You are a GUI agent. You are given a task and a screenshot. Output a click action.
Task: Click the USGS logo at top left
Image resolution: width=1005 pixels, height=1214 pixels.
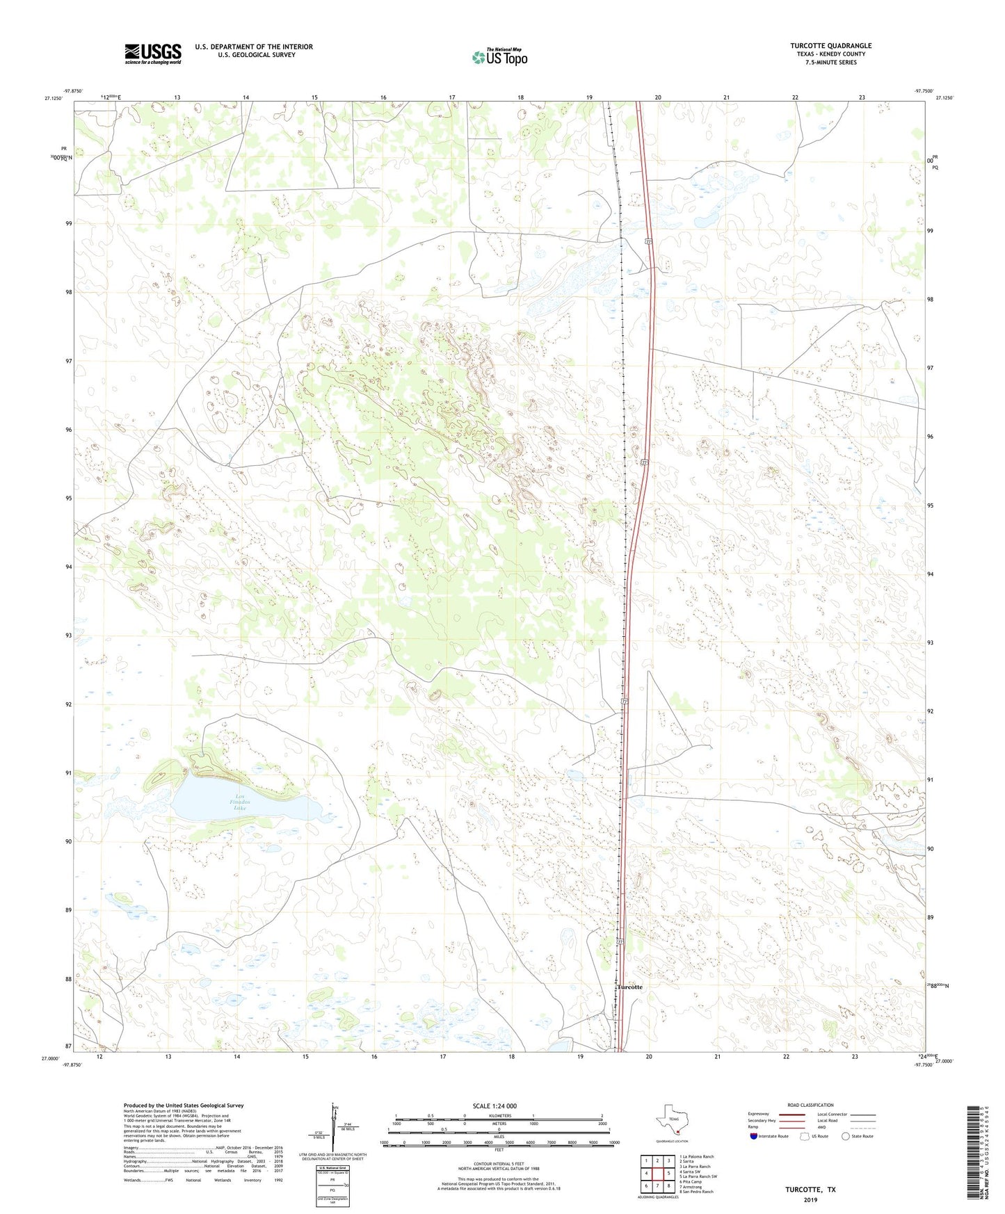[153, 54]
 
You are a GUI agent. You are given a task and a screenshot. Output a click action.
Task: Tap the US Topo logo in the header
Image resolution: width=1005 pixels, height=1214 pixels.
[499, 57]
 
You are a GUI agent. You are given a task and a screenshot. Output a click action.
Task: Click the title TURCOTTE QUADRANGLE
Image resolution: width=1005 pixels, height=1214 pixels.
[830, 46]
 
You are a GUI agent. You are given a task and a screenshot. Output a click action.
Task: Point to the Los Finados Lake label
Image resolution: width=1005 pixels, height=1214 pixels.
[239, 802]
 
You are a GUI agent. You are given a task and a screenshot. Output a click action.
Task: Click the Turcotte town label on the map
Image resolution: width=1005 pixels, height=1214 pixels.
[629, 987]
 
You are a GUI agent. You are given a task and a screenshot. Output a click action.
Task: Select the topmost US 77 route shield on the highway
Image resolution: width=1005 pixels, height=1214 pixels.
[648, 241]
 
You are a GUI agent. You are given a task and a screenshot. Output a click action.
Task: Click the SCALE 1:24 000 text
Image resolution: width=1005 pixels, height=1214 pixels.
[495, 1106]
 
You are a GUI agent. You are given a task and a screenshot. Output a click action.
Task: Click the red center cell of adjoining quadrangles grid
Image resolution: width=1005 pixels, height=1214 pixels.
[657, 1174]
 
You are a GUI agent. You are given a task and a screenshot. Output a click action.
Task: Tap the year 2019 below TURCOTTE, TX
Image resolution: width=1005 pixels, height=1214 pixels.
[810, 1199]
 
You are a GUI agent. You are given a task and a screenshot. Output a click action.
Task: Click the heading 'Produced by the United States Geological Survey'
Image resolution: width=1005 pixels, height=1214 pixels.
[184, 1105]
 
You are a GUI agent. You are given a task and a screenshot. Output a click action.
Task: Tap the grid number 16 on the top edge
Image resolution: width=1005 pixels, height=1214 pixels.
[383, 97]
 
